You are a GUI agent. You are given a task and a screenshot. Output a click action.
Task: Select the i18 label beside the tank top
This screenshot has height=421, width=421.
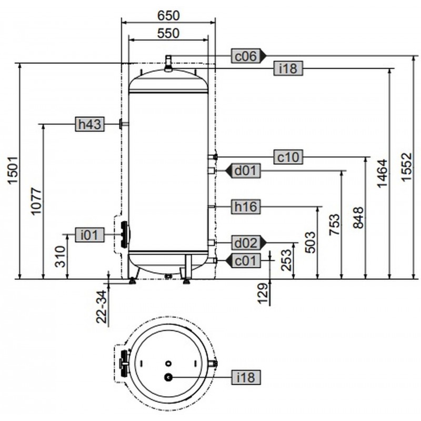click(287, 68)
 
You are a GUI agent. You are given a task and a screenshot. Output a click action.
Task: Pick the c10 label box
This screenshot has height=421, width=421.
click(287, 157)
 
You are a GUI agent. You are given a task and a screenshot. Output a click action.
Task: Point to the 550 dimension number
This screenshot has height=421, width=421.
click(168, 33)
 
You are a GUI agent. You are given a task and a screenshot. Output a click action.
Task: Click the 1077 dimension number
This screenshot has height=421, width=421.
click(34, 200)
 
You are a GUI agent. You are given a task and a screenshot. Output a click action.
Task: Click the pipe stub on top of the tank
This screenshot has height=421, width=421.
click(168, 61)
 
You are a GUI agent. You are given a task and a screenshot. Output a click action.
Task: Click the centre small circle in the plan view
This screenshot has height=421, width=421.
click(168, 363)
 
